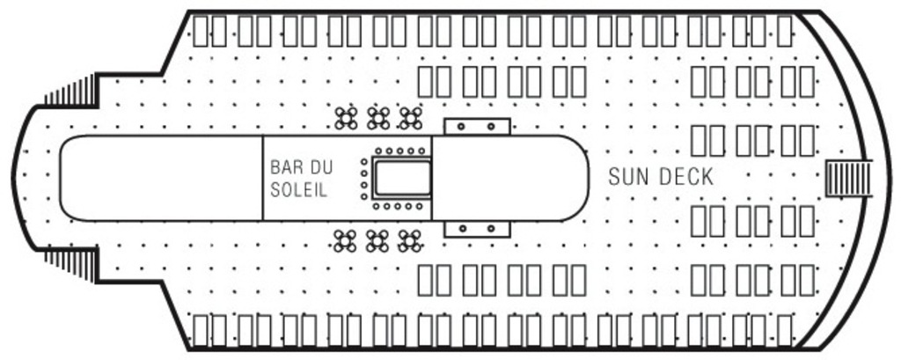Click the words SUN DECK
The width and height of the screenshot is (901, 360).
point(661,177)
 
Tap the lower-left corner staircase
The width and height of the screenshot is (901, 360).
point(70,261)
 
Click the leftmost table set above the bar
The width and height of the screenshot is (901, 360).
point(346,117)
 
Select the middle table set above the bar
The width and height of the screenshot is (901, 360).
point(377,117)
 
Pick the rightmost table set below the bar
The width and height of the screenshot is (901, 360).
point(409,239)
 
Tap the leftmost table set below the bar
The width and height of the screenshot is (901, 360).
point(346,239)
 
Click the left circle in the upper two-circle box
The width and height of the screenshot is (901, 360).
point(461,127)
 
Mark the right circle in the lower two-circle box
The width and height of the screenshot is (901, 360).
point(492,230)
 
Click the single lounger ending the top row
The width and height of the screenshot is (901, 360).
point(785,31)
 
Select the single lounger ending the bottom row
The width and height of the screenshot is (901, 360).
point(785,329)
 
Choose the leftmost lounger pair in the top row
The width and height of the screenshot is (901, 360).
point(210,31)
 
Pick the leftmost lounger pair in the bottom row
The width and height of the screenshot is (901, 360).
point(210,329)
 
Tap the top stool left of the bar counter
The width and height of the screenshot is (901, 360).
point(364,162)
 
